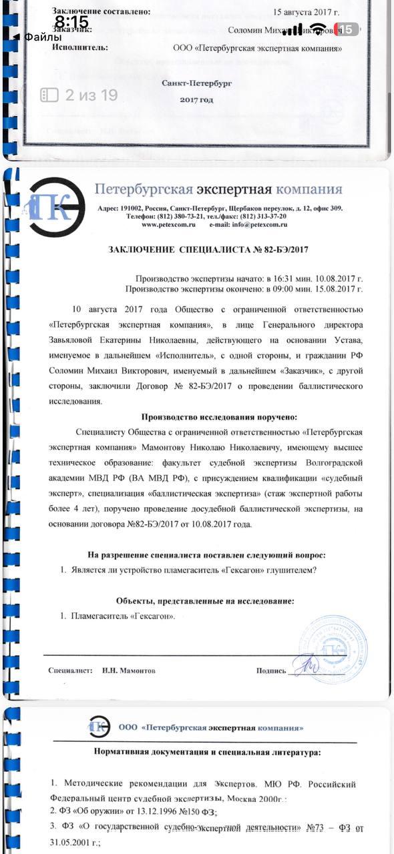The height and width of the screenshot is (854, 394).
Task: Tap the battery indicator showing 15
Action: pos(347,29)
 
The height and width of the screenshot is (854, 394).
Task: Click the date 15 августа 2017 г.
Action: pos(307,12)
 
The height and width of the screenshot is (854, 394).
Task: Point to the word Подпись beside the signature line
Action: pos(271,671)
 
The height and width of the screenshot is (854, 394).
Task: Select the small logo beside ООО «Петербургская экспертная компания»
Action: pos(99,726)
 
